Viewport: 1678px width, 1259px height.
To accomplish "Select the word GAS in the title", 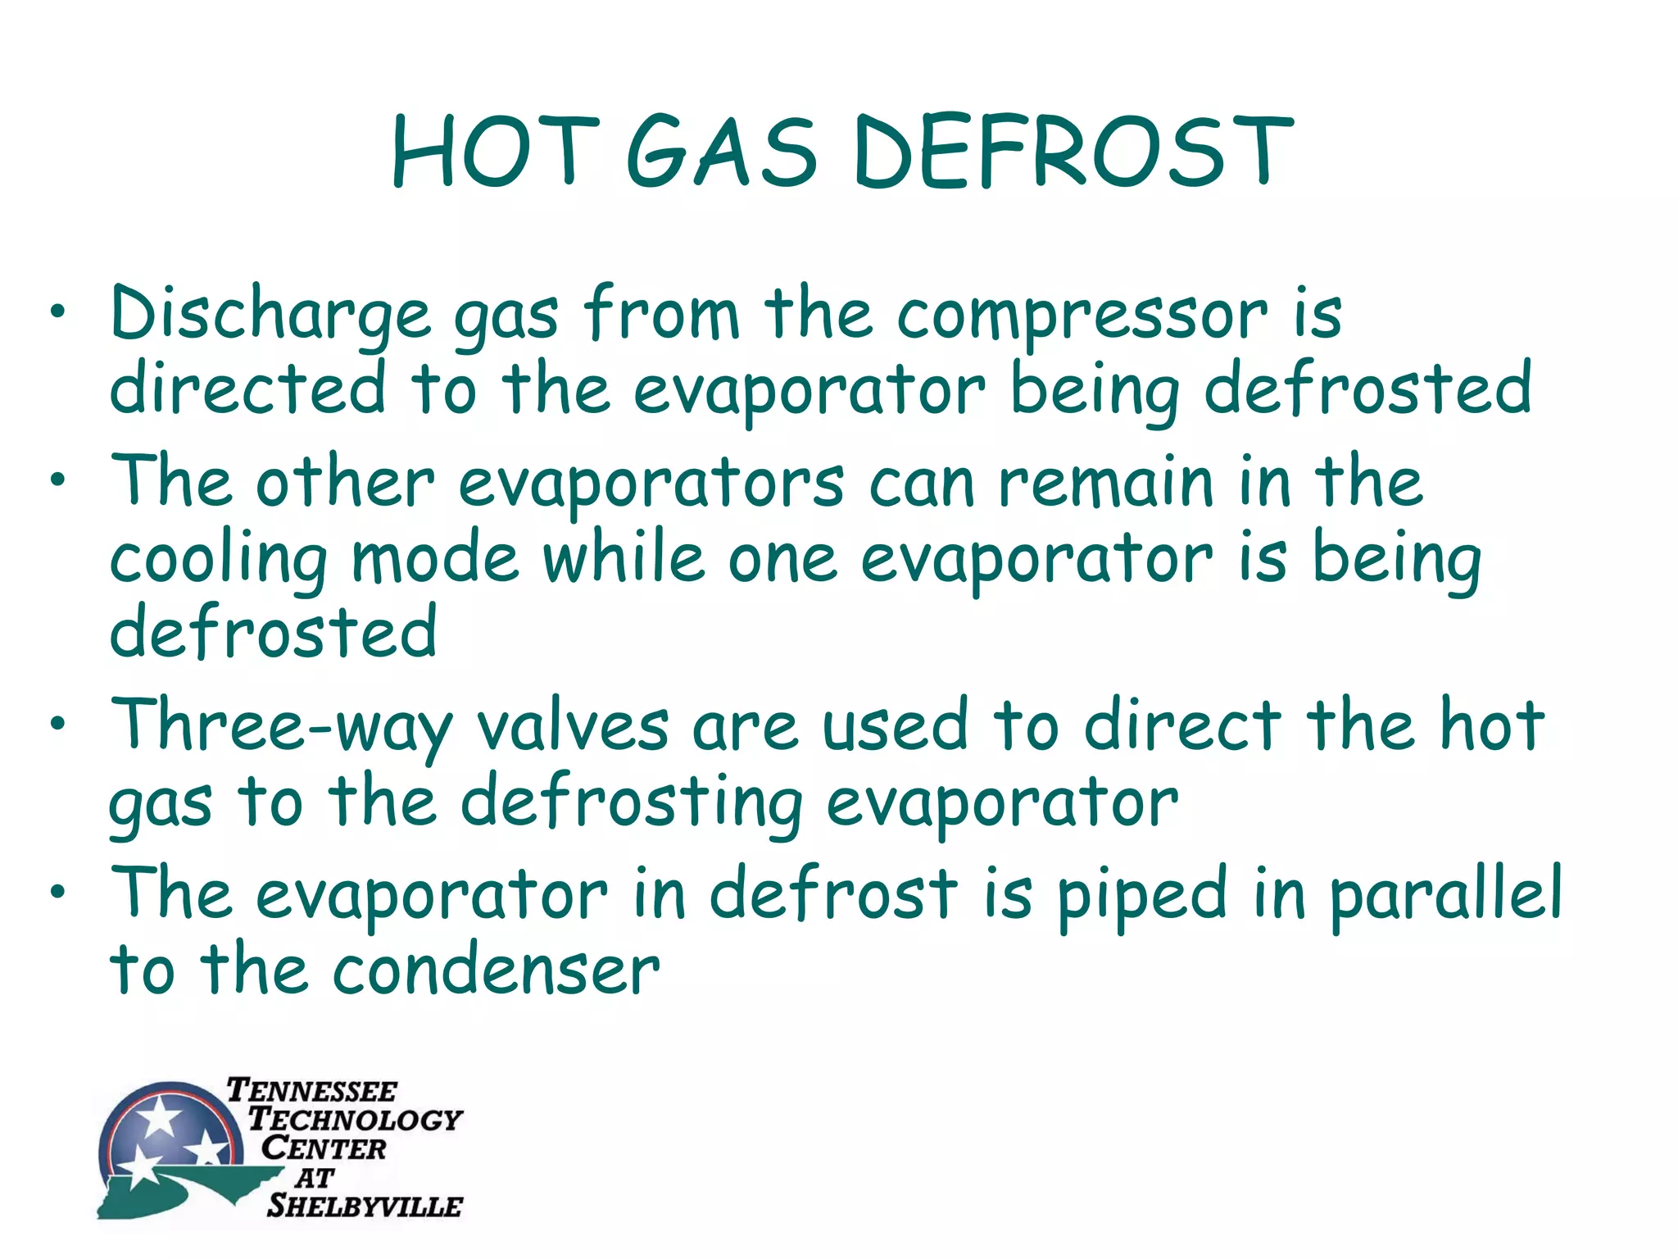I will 721,152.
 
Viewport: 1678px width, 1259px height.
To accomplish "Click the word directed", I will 247,389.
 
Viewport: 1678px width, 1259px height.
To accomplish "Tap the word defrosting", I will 631,804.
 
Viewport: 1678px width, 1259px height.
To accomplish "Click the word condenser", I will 496,971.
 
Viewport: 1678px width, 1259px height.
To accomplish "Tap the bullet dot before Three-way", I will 57,724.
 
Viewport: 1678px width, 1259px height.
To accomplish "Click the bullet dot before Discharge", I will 57,312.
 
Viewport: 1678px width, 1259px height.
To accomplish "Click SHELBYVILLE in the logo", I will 365,1206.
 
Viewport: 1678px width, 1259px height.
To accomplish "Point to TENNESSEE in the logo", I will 311,1091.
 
